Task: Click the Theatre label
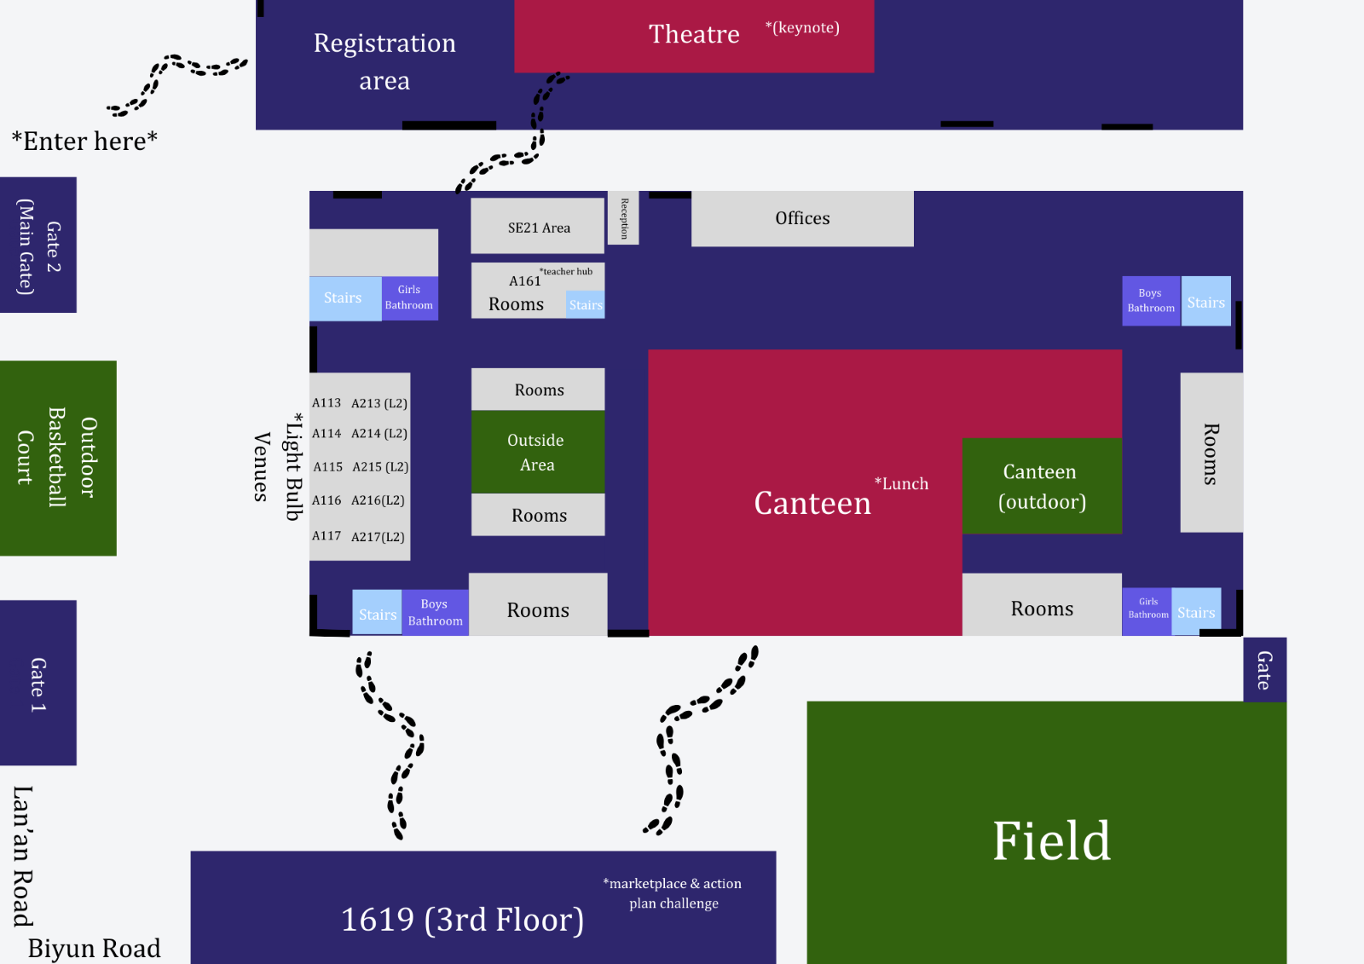(x=694, y=34)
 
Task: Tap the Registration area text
(x=384, y=61)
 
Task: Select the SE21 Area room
(x=538, y=227)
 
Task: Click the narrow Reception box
(x=623, y=218)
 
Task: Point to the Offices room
(x=802, y=218)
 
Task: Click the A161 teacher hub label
(x=525, y=280)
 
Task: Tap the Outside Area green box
(x=537, y=452)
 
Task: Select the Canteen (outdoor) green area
(x=1042, y=486)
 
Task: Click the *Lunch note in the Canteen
(x=901, y=483)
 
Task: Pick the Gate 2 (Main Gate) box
(x=38, y=245)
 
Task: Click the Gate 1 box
(x=38, y=683)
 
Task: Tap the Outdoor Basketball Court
(x=58, y=458)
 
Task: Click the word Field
(x=1051, y=841)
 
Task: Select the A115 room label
(x=327, y=467)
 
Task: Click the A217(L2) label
(x=378, y=536)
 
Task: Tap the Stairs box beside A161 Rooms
(x=586, y=304)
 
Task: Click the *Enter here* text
(x=84, y=141)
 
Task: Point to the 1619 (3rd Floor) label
(x=462, y=919)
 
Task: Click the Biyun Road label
(x=94, y=948)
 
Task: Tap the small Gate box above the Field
(x=1264, y=670)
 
